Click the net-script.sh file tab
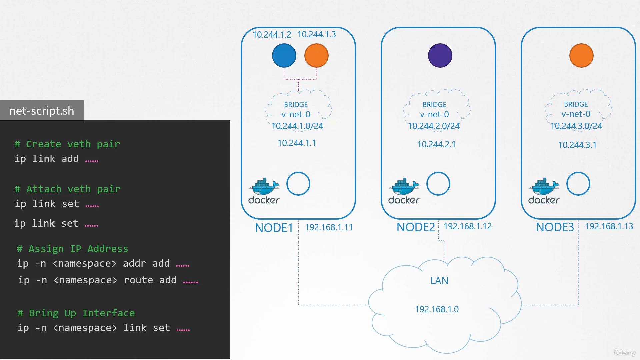click(x=42, y=110)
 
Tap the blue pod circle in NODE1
click(x=284, y=55)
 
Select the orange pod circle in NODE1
click(x=316, y=55)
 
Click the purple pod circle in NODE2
click(x=440, y=55)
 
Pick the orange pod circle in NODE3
click(x=581, y=55)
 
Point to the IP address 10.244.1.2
click(x=272, y=35)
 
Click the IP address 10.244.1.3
click(x=317, y=34)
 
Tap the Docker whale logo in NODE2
click(x=404, y=191)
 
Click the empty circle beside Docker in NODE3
click(x=578, y=184)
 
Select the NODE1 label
click(x=274, y=228)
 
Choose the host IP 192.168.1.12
click(x=468, y=226)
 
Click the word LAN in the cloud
click(x=439, y=281)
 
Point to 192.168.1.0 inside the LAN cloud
click(x=437, y=309)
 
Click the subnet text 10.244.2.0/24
click(x=434, y=126)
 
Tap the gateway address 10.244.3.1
click(x=577, y=145)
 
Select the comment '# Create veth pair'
click(x=67, y=144)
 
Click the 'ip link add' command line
click(x=57, y=159)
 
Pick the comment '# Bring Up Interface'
click(x=76, y=313)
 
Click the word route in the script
click(x=138, y=280)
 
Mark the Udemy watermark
click(x=625, y=352)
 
